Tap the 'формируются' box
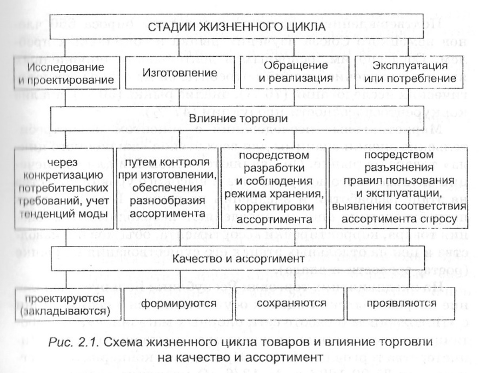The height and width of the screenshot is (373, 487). point(174,303)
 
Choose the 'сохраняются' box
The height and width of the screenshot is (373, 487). point(282,303)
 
